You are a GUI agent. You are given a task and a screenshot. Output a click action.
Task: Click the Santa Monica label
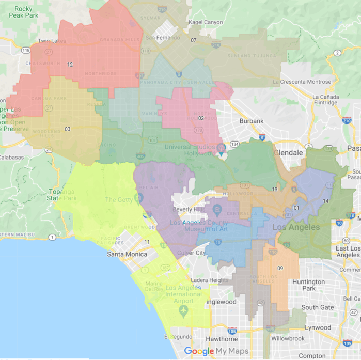tap(127, 254)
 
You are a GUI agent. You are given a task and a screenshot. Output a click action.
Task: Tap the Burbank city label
tap(252, 121)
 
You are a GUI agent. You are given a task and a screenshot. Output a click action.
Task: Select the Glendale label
tap(288, 153)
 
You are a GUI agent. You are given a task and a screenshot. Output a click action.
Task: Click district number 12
tap(70, 65)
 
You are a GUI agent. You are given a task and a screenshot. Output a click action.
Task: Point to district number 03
tap(67, 129)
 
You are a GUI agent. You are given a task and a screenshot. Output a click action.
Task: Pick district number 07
tap(193, 40)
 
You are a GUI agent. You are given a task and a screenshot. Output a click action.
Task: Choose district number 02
tap(201, 118)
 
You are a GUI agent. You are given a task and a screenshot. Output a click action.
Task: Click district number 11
tap(147, 242)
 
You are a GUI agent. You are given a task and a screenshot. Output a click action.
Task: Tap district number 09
tap(280, 268)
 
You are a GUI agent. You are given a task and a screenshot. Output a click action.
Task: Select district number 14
tap(325, 201)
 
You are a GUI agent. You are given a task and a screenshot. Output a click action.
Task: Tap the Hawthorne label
tap(223, 339)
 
